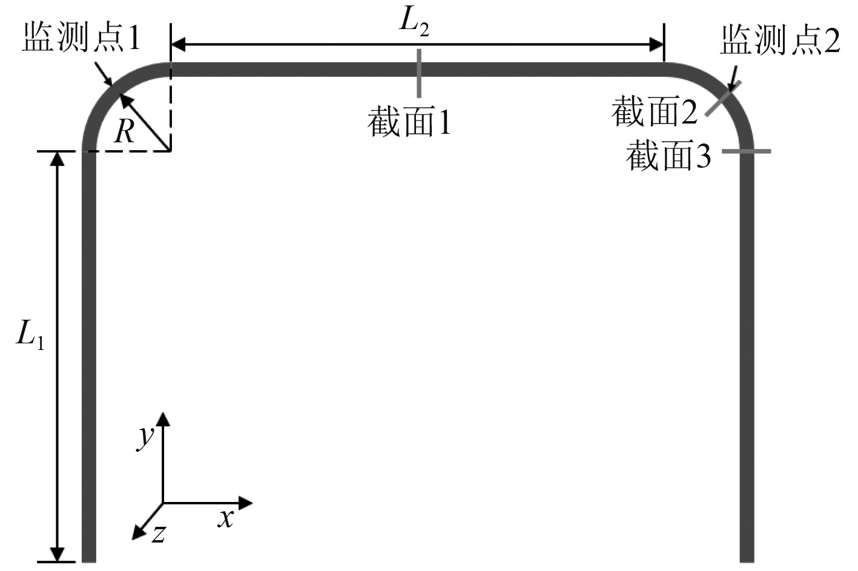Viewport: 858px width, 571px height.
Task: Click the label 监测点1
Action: [82, 39]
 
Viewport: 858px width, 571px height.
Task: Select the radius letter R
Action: [125, 131]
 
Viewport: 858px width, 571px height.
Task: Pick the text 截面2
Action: [654, 111]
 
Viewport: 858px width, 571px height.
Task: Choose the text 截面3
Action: [668, 156]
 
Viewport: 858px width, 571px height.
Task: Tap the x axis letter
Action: [226, 518]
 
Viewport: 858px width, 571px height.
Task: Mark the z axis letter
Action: [159, 533]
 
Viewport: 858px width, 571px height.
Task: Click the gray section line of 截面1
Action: [418, 73]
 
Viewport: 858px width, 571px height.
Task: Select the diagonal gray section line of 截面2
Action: [721, 100]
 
